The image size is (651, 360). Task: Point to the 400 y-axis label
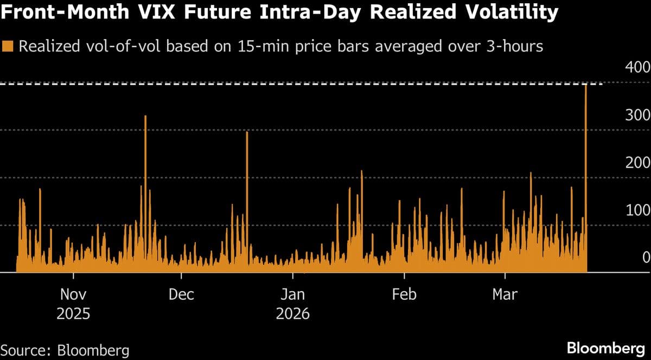pos(638,67)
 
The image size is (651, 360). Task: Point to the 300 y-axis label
pos(638,115)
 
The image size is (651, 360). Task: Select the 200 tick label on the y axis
pos(638,163)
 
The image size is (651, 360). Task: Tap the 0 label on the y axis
pos(646,258)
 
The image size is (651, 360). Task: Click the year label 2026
pos(293,314)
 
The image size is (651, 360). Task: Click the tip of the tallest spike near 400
pos(586,85)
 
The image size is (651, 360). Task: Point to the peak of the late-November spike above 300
pos(145,116)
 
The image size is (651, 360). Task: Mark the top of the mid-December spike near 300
pos(247,132)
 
